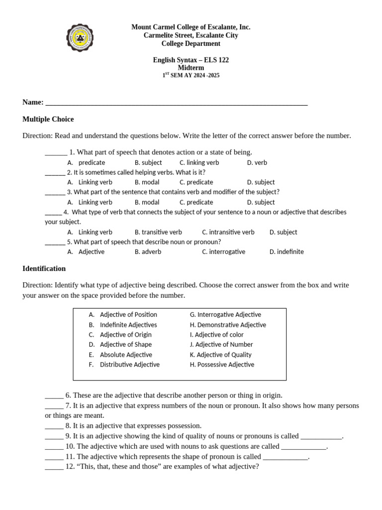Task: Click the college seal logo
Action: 80,38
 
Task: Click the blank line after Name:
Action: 176,104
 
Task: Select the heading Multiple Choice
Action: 48,119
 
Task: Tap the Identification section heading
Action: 44,268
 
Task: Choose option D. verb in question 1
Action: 257,162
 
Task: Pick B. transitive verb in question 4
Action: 158,232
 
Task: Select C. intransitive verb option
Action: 228,232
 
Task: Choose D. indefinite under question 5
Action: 286,252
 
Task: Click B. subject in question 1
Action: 148,162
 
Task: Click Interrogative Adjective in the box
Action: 225,315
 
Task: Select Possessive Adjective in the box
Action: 222,365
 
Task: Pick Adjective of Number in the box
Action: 221,345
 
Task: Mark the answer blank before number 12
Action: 54,468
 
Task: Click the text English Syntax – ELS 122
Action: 191,60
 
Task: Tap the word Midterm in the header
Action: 191,68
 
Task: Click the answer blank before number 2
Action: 55,173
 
